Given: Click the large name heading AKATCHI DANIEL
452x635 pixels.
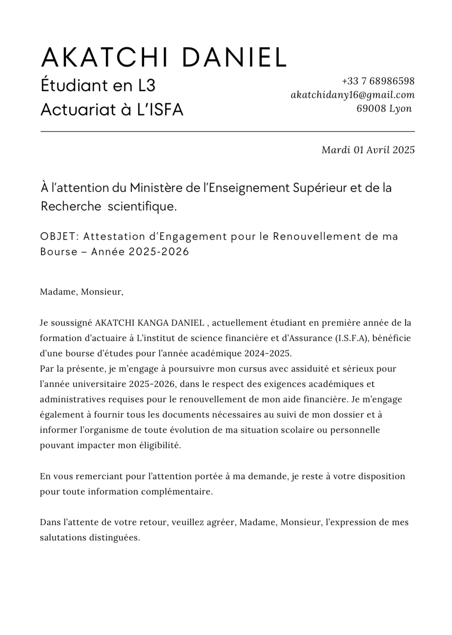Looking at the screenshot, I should (163, 58).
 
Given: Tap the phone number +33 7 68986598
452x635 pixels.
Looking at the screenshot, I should (378, 81).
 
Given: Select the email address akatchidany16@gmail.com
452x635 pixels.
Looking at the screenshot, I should (352, 95).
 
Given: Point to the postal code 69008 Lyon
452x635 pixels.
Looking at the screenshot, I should (384, 108).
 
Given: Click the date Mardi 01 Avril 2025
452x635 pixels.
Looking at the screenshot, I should (368, 150).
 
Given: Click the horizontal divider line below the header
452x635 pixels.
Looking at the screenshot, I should (228, 131).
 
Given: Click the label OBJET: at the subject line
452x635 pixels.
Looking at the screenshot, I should (60, 236).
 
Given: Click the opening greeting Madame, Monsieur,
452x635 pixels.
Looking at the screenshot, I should (81, 292).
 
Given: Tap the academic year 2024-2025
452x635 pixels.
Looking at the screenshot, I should (267, 353).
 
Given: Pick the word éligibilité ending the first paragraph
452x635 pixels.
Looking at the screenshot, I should (160, 446).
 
